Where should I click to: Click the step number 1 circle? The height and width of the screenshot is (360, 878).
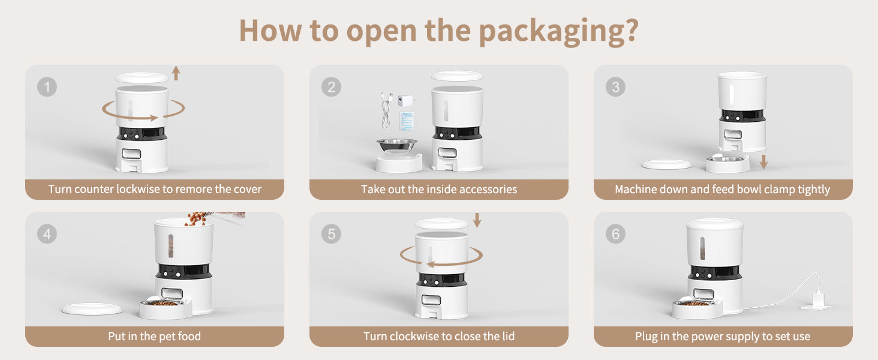pos(47,86)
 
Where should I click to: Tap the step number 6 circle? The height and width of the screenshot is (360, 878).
pos(615,234)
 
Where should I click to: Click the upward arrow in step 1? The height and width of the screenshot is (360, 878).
pos(176,73)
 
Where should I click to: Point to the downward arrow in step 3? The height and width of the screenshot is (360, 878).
pos(763,162)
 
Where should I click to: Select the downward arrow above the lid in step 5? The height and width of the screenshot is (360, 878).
pos(477,220)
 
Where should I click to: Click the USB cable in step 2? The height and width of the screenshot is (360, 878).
pos(386,110)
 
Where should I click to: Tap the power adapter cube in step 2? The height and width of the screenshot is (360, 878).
pos(405,100)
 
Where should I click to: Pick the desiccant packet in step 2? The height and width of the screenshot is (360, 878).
pos(407,121)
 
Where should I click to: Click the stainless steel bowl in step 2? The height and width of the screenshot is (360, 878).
pos(396,146)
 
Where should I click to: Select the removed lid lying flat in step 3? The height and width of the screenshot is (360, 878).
pos(666,164)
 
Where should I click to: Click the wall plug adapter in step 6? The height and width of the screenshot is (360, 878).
pos(816,302)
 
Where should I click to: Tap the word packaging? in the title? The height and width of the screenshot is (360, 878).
pos(559,31)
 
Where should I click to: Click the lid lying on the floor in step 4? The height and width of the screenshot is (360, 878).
pos(92,309)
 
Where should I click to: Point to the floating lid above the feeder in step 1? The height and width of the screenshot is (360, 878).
pos(142,77)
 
